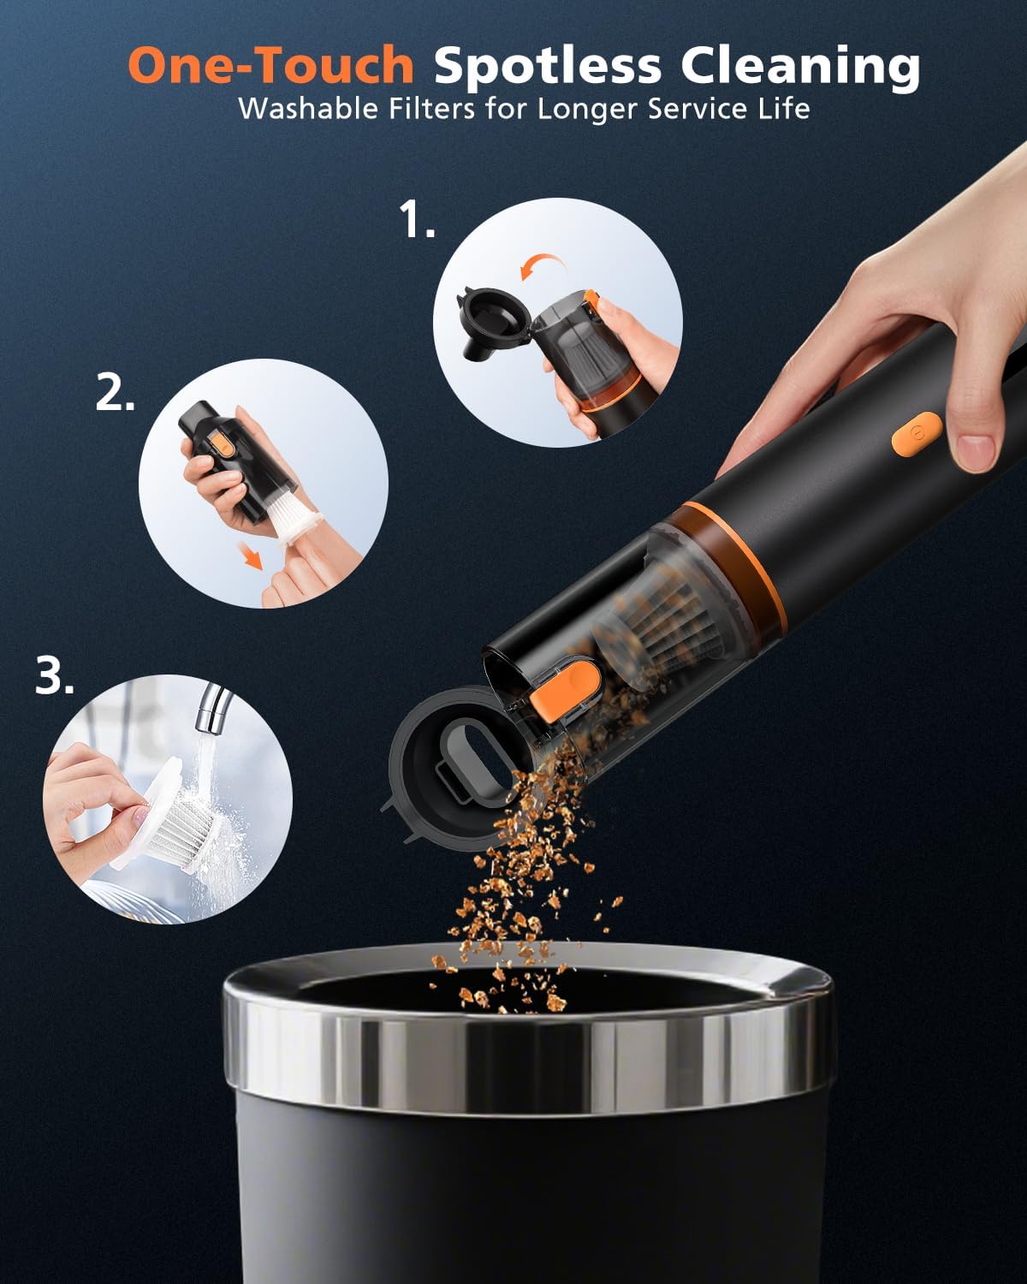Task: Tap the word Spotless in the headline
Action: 548,66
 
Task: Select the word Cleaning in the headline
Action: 800,66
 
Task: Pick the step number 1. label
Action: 418,221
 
